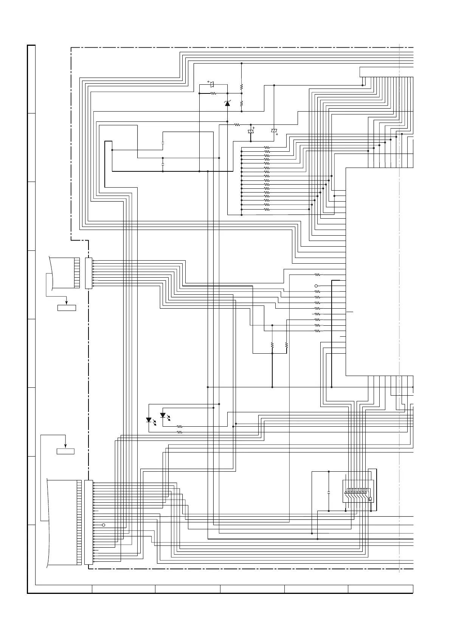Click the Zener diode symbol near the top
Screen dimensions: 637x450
point(227,103)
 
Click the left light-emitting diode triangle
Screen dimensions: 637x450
point(149,420)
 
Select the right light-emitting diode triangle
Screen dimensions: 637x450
point(163,415)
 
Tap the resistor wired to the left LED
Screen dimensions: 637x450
point(180,432)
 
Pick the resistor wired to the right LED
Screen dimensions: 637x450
point(180,427)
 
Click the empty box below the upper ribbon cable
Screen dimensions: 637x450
point(67,308)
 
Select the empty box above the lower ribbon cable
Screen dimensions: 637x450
point(65,451)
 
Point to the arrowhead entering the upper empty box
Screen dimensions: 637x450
point(67,303)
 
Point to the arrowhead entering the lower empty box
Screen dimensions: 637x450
point(65,446)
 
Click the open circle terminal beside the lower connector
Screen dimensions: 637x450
point(104,525)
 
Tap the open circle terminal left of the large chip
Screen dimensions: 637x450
point(316,286)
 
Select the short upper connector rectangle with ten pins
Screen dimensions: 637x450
point(89,273)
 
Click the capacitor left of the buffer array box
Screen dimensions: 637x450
point(329,493)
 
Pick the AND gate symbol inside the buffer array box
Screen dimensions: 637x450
point(370,499)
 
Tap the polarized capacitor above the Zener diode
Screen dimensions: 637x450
point(212,84)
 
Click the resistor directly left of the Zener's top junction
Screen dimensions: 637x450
point(213,93)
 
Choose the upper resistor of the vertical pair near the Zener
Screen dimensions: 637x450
point(241,87)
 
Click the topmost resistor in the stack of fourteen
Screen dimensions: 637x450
point(267,148)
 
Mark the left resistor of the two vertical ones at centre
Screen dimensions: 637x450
point(272,345)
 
